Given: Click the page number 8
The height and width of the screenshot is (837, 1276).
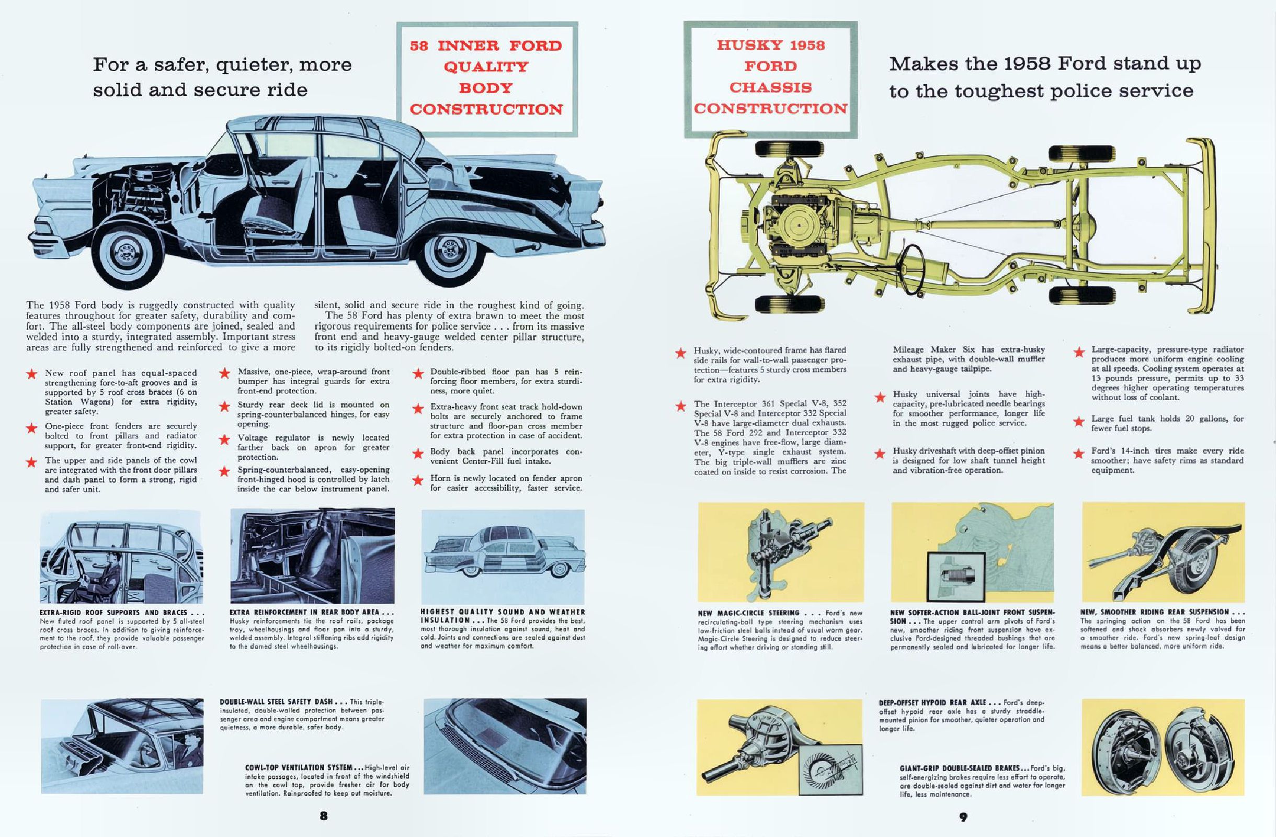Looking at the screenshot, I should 323,816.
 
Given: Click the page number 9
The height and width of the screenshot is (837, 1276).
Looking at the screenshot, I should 963,817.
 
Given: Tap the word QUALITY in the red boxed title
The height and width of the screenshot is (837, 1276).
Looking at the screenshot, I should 486,67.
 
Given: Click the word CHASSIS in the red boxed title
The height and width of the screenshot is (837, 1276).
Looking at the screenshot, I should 770,87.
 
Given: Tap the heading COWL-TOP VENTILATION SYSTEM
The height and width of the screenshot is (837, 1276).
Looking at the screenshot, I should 299,768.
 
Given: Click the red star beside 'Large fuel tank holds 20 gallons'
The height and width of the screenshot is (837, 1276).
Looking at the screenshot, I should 1079,421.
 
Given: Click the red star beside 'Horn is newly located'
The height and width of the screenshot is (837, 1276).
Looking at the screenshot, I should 418,480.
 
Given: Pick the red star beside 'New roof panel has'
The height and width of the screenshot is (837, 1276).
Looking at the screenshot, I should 32,374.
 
